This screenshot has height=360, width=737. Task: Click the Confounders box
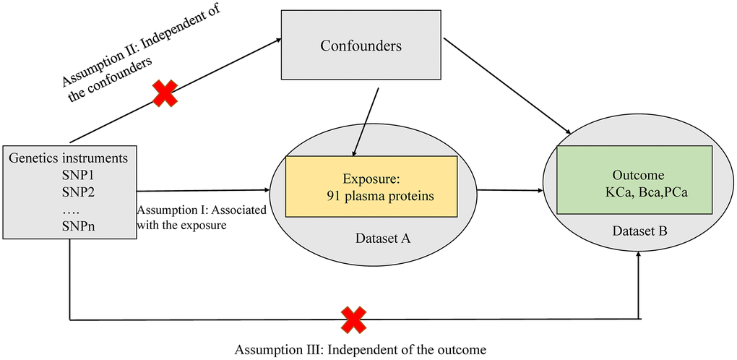361,45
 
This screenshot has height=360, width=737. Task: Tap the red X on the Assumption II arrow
163,93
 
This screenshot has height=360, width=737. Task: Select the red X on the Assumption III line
354,320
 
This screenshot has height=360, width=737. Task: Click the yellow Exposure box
371,187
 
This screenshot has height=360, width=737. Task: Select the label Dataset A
383,239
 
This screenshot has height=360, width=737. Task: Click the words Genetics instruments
69,158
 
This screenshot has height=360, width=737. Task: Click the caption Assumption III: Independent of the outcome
360,350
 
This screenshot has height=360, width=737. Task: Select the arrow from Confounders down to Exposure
366,121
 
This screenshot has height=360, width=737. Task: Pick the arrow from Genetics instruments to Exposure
202,190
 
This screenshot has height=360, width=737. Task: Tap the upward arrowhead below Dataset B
638,254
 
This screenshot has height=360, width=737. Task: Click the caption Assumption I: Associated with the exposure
202,217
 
